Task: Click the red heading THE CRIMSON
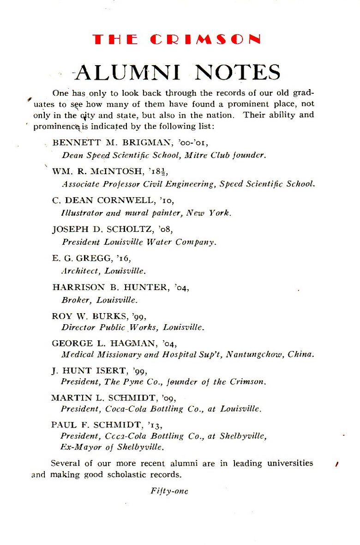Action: (176, 39)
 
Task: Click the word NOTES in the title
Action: (237, 72)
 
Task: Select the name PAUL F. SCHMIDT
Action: (94, 424)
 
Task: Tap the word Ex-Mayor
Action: (78, 447)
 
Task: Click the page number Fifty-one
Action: (169, 491)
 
